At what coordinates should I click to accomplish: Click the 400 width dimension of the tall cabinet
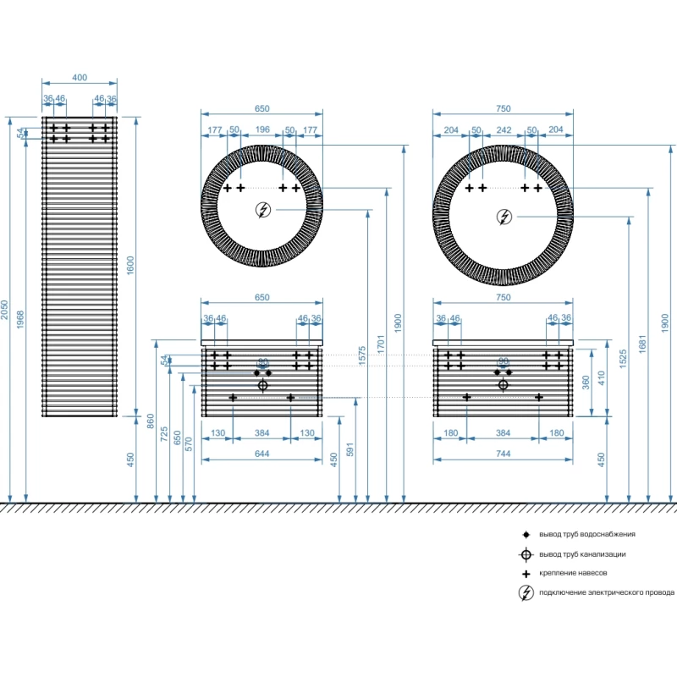[x=79, y=78]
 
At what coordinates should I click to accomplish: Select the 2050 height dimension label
[x=6, y=311]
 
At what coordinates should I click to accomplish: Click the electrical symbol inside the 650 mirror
[x=262, y=211]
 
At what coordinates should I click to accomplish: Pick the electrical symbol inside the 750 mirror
[x=504, y=217]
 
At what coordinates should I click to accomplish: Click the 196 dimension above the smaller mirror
[x=261, y=129]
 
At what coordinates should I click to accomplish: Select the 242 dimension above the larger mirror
[x=504, y=129]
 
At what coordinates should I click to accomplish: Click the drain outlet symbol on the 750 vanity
[x=504, y=384]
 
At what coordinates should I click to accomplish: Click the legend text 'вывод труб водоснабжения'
[x=587, y=534]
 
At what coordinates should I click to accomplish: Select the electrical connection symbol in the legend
[x=526, y=592]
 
